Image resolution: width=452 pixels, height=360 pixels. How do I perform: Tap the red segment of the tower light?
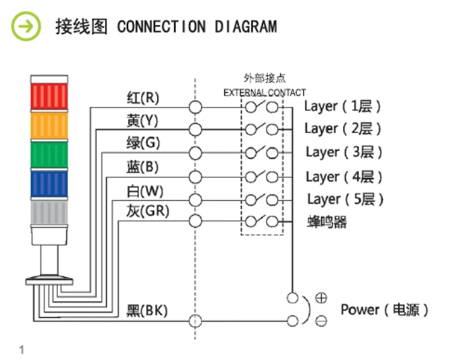(x=49, y=96)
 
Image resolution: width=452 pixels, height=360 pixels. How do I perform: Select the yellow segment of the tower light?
(x=49, y=126)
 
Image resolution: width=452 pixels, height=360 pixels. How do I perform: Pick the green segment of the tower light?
(x=49, y=155)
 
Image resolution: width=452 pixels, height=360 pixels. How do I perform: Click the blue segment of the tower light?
(x=49, y=184)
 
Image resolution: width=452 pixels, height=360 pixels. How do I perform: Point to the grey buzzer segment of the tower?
(x=49, y=213)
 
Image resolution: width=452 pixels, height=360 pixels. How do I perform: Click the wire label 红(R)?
(x=143, y=98)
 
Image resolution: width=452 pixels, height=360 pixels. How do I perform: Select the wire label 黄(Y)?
(x=142, y=120)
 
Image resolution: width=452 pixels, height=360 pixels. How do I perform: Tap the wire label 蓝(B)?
(x=142, y=166)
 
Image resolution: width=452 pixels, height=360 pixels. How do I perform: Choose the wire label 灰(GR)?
(x=148, y=211)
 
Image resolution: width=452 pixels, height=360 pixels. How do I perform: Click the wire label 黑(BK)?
(x=147, y=311)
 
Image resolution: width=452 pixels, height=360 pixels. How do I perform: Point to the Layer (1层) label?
(x=342, y=107)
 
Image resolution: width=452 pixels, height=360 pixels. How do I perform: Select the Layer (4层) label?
(x=344, y=177)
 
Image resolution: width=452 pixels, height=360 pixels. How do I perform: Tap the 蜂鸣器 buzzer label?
(x=327, y=222)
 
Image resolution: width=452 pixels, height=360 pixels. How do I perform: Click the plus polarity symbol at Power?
(x=321, y=298)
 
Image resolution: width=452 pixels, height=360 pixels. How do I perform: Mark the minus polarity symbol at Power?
(x=321, y=321)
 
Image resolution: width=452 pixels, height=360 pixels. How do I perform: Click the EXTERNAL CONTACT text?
(x=265, y=93)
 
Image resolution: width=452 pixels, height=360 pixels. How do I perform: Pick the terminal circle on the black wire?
(x=195, y=321)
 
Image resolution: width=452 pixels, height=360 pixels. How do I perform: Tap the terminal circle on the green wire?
(x=195, y=153)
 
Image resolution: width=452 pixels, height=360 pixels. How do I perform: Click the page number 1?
(x=22, y=350)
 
